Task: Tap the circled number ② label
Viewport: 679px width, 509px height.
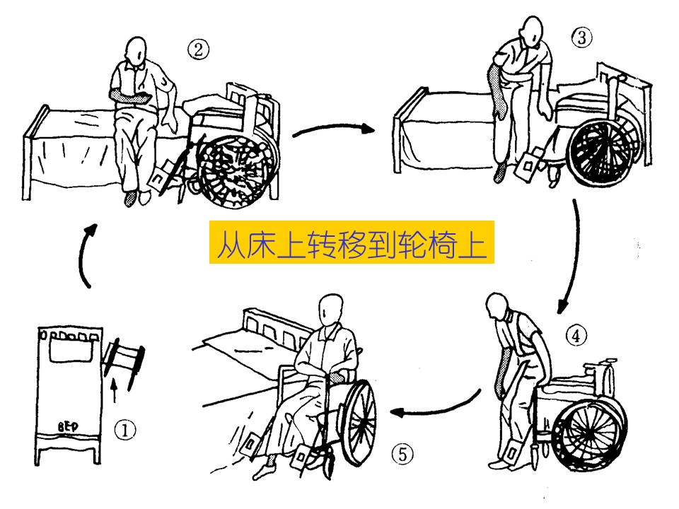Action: point(199,49)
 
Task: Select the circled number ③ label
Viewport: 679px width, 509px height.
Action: point(581,38)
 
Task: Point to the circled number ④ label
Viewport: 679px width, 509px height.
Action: point(577,337)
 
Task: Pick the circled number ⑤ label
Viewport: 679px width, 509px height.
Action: point(402,455)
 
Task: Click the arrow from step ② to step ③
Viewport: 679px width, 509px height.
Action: point(332,129)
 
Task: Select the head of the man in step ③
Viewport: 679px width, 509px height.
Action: point(532,30)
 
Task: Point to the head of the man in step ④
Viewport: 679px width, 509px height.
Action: point(501,308)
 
